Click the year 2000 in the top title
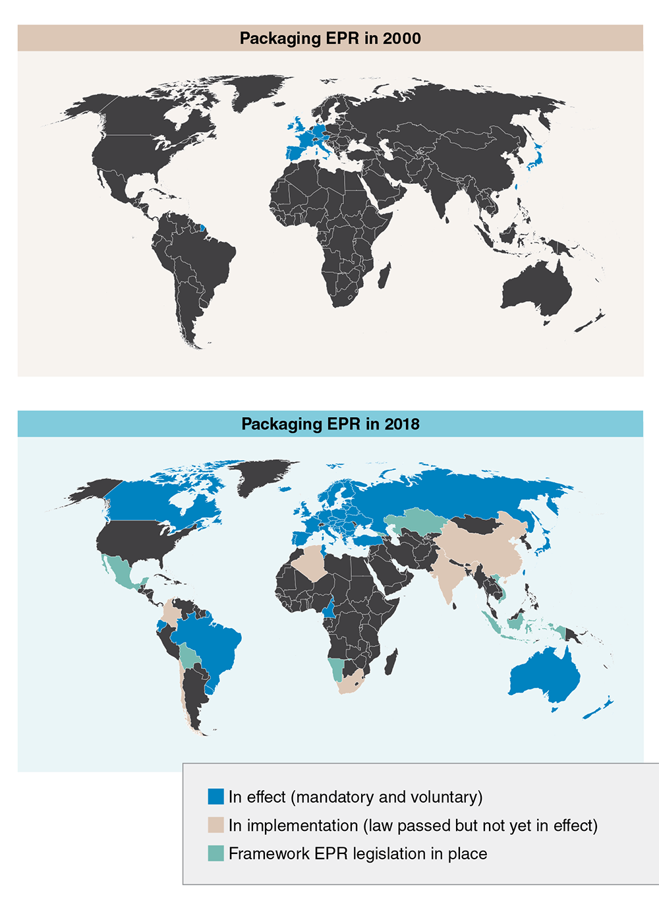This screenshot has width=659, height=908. (x=401, y=38)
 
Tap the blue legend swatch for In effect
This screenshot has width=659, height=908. (x=215, y=797)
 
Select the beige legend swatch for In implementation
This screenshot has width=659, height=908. (x=215, y=825)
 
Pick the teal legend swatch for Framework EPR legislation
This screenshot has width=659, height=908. (x=215, y=853)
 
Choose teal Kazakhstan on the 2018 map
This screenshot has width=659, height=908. (x=415, y=521)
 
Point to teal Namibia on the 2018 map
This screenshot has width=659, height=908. (x=337, y=667)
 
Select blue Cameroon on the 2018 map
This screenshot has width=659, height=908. (x=328, y=610)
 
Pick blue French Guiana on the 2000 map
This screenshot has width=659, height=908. (x=202, y=229)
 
